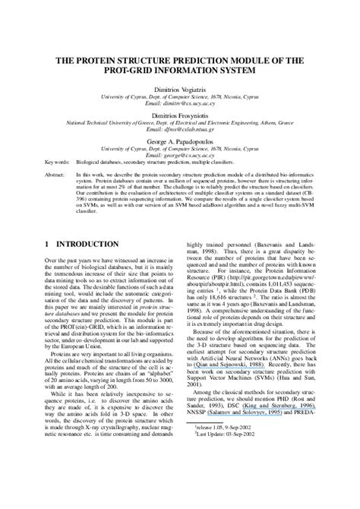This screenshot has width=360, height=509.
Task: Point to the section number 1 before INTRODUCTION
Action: pos(48,245)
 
